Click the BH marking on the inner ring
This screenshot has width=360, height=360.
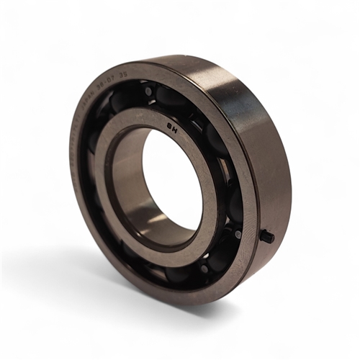(x=173, y=130)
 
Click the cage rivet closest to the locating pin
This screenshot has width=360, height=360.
(x=238, y=234)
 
